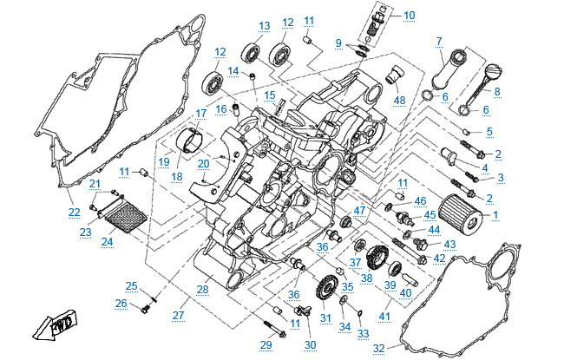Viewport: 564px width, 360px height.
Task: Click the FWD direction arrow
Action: (53, 327)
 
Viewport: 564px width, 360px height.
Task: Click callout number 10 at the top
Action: (409, 15)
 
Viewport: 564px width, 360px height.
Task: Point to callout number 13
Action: (264, 25)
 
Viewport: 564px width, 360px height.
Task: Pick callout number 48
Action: (399, 100)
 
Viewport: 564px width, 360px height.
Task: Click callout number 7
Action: (439, 41)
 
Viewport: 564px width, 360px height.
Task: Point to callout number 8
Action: (496, 92)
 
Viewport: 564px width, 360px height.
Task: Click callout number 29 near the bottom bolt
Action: (266, 344)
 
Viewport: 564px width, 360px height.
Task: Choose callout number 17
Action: (200, 114)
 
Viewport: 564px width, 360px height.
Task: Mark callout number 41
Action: (384, 317)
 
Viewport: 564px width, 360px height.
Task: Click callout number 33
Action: (364, 333)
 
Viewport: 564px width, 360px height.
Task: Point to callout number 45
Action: (430, 214)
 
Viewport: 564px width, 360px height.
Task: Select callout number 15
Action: (269, 95)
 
